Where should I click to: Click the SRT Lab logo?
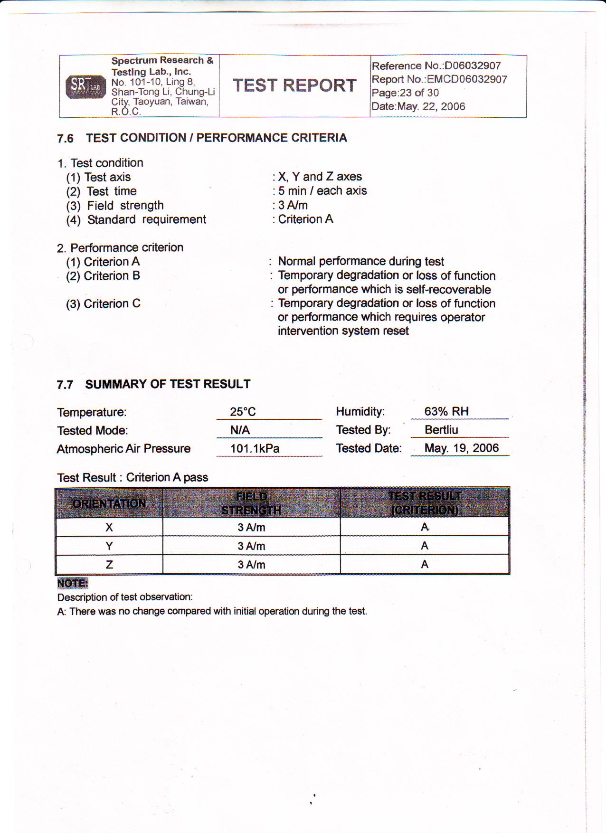85,86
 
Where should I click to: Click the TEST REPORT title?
294,85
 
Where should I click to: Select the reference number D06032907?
473,66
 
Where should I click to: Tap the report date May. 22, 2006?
431,106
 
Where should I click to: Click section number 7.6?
65,138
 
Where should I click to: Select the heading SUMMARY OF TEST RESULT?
168,384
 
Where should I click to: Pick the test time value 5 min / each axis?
322,191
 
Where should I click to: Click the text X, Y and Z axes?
320,177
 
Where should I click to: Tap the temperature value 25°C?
243,412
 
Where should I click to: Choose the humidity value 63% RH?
446,411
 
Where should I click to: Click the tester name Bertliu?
441,430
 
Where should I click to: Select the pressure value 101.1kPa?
255,448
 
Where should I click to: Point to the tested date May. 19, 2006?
461,448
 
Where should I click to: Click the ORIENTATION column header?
109,503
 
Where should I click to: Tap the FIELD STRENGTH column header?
251,503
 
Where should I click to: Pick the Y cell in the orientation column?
109,546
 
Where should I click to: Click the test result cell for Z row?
425,564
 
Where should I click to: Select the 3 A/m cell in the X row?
251,527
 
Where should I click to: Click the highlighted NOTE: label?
73,583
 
